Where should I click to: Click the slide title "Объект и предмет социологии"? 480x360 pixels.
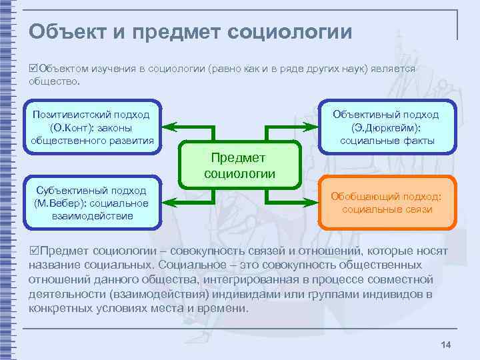point(190,31)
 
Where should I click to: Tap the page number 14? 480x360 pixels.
point(446,344)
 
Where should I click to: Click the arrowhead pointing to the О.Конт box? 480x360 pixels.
point(169,125)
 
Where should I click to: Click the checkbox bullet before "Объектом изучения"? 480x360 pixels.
point(33,69)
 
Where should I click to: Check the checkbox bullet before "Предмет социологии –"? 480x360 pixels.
point(34,251)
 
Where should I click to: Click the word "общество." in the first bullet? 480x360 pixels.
point(54,81)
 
